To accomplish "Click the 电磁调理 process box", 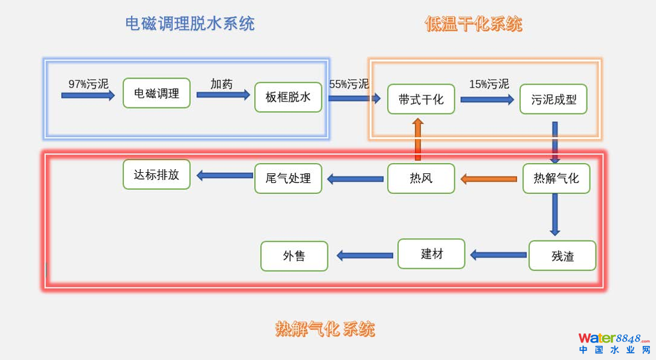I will (x=156, y=93).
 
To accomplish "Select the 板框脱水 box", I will (x=288, y=97).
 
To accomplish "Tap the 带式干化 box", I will (x=421, y=99).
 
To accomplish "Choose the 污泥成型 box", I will (x=553, y=99).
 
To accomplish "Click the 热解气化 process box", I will (x=556, y=178).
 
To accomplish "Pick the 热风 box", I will (x=421, y=178).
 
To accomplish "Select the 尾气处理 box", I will (x=288, y=178).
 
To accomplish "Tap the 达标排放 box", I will (x=156, y=175).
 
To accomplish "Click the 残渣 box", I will (x=562, y=256).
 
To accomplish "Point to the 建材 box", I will (x=431, y=254).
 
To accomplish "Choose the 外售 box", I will (x=294, y=256).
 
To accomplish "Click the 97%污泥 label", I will (x=88, y=84).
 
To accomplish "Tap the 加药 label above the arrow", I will (x=221, y=84).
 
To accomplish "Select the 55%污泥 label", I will (x=349, y=84).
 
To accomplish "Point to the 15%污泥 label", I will (x=489, y=84).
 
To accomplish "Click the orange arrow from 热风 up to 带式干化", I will (x=417, y=140).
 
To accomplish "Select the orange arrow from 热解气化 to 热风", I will (x=489, y=179).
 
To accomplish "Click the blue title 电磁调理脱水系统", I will (x=190, y=24).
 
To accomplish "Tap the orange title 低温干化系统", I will (x=474, y=24).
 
